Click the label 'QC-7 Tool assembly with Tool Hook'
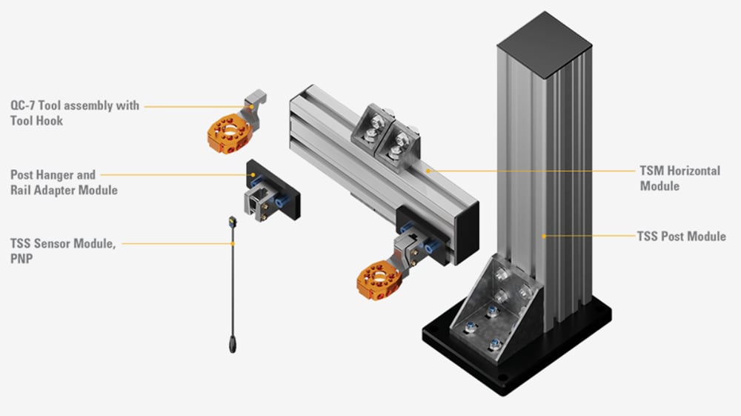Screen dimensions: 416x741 pyautogui.click(x=75, y=113)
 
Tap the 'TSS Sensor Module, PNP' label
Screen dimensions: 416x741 pyautogui.click(x=63, y=249)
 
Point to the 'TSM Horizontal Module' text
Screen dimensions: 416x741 pyautogui.click(x=679, y=178)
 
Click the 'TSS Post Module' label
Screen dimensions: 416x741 pyautogui.click(x=681, y=237)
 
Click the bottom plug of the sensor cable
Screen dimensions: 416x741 pyautogui.click(x=232, y=343)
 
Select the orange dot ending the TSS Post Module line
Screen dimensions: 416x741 pyautogui.click(x=543, y=237)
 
